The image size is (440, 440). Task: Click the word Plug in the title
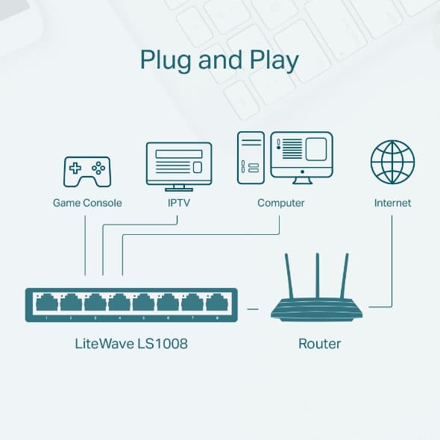point(164,60)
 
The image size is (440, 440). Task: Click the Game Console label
point(87,203)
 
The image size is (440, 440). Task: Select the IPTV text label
point(177,203)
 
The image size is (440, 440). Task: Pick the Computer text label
point(280,203)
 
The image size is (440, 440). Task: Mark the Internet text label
point(392,203)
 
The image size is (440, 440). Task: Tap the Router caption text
point(319,344)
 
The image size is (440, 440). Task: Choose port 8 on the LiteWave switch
point(216,303)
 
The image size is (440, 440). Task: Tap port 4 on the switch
point(119,303)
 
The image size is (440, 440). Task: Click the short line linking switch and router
point(253,307)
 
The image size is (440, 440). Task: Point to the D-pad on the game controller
point(76,167)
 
